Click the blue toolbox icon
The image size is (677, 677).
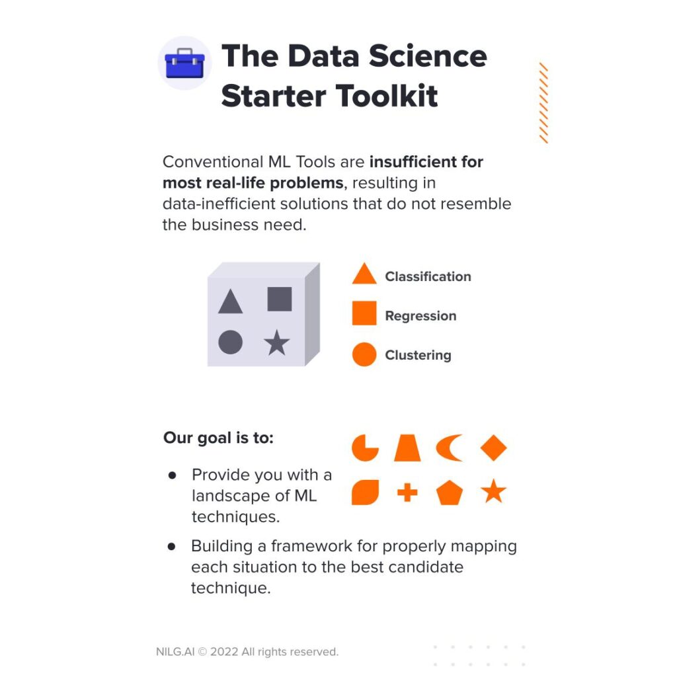(184, 63)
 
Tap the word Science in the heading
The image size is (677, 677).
(428, 56)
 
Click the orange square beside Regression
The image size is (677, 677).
(364, 313)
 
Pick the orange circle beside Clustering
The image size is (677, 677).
(364, 354)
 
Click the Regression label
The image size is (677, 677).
(420, 316)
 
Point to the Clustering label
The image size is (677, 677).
(418, 355)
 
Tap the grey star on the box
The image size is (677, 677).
(276, 342)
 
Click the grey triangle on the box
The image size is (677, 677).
(230, 302)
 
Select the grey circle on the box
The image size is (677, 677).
(230, 342)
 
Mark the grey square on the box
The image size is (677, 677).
(279, 299)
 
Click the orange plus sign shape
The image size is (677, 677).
(407, 492)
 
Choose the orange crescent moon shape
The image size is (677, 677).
(448, 448)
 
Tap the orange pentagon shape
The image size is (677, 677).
(450, 493)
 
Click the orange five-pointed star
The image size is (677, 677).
(493, 492)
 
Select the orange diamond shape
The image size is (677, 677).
(493, 448)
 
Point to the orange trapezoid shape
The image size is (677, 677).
(407, 448)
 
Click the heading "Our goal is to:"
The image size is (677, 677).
(218, 438)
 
